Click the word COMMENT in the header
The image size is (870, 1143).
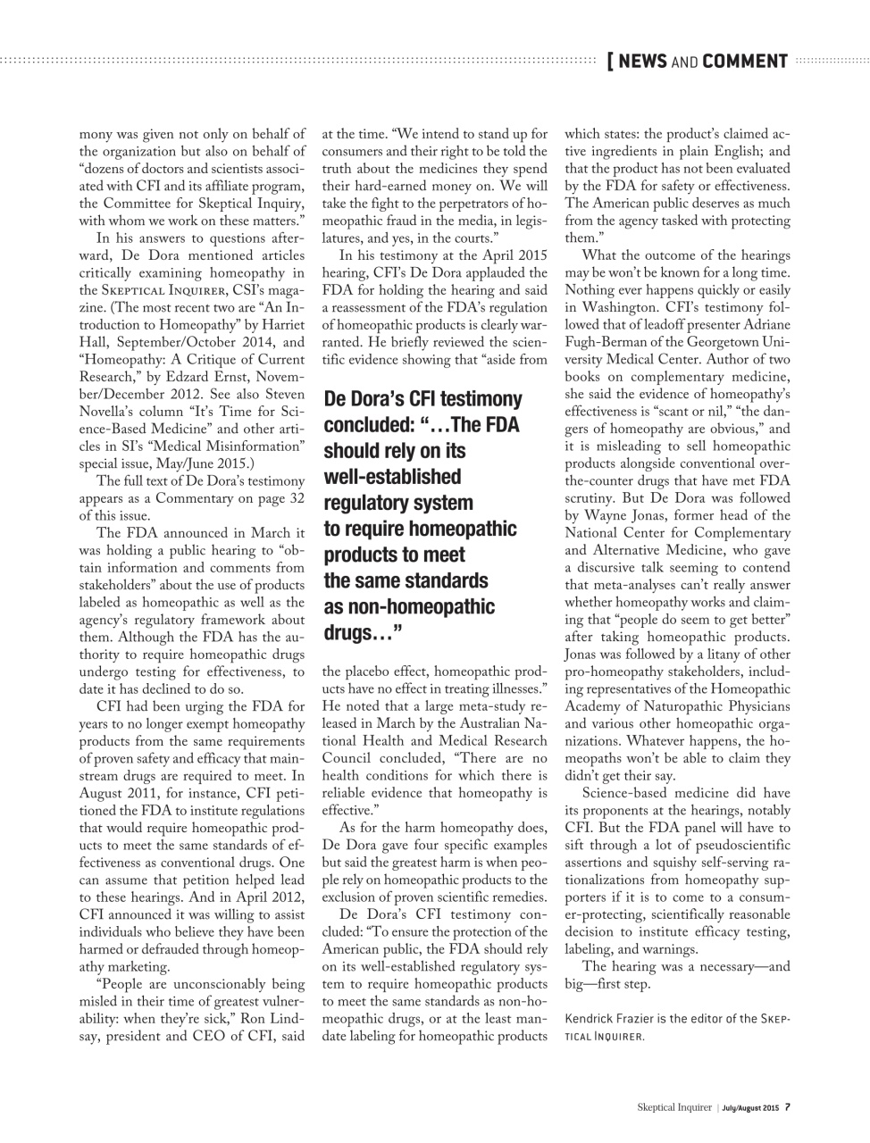(745, 62)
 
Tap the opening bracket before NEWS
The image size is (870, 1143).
(610, 62)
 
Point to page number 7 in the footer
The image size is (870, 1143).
(788, 1107)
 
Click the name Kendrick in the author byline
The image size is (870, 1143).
(591, 1019)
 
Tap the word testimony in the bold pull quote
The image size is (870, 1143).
(478, 399)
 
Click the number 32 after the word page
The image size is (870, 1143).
(296, 498)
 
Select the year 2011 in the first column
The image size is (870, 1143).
(136, 793)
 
